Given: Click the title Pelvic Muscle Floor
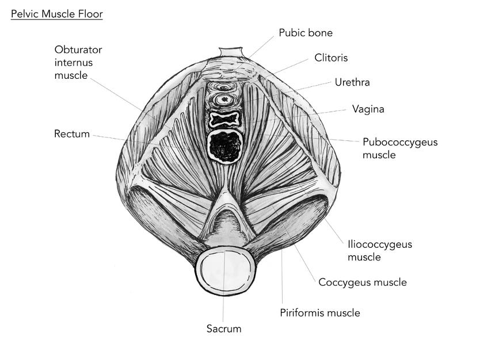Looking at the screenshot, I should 56,13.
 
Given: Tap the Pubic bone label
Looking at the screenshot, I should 306,33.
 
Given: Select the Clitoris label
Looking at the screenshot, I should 331,58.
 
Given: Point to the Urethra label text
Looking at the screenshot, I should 352,82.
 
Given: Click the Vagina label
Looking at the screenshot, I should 368,109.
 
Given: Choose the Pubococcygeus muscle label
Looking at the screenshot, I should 400,148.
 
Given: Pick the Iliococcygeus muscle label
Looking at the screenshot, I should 380,251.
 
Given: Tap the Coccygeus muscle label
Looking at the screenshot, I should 363,282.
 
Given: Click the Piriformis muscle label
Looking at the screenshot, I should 319,313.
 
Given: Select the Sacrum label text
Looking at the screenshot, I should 224,329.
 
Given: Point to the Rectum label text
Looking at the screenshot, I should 72,134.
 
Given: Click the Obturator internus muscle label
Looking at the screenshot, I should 74,62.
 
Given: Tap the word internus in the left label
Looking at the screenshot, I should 74,62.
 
